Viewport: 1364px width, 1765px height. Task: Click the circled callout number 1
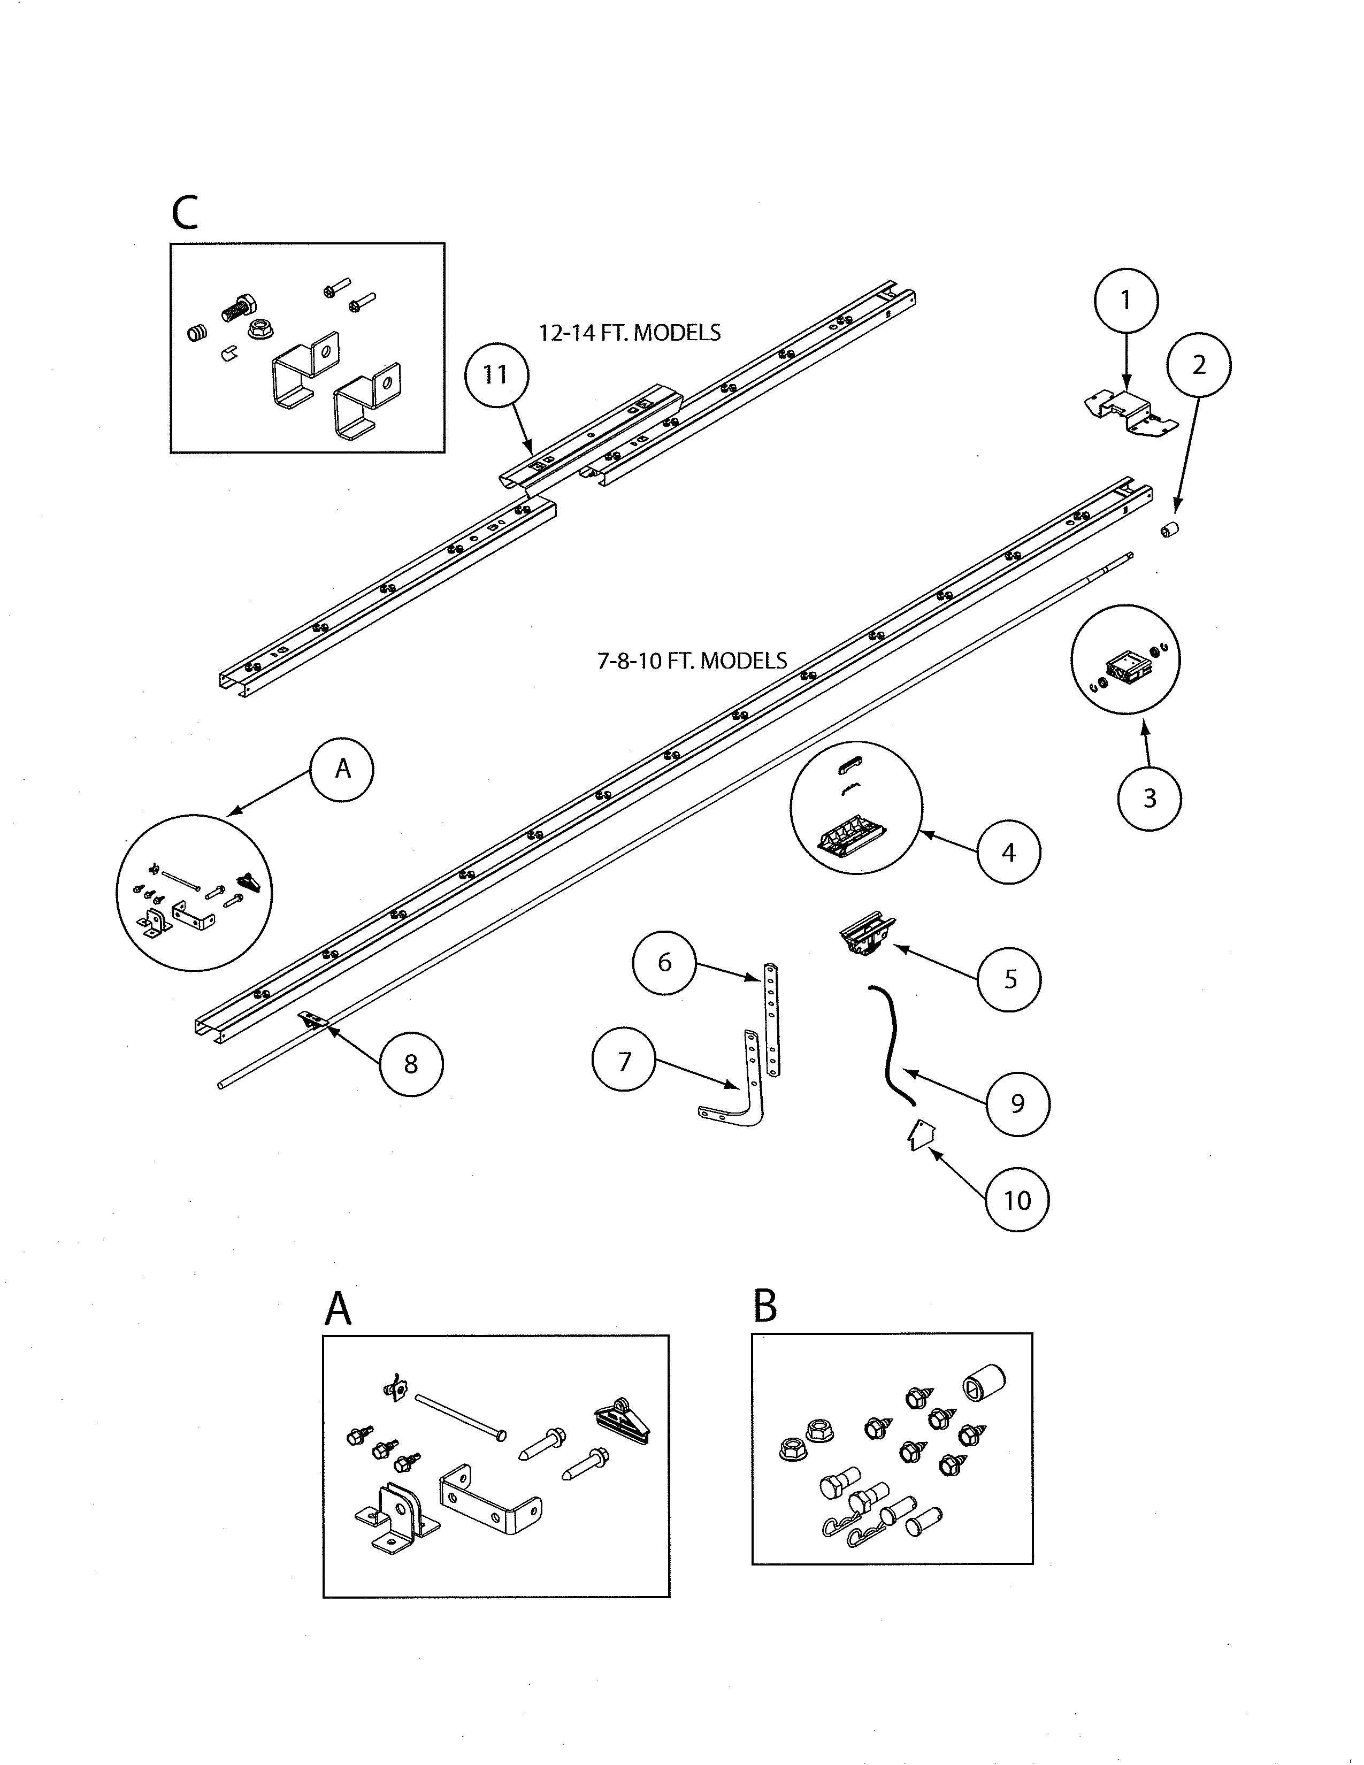1125,301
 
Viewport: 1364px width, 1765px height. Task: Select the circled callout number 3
1149,799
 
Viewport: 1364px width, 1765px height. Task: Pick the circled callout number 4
1008,852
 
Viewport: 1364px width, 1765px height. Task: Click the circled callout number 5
1009,979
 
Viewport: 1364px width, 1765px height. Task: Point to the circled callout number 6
664,963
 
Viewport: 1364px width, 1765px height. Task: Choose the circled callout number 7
624,1062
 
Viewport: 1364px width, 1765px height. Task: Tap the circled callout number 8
410,1064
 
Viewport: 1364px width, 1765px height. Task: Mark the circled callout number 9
1017,1104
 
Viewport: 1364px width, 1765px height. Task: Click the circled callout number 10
1017,1200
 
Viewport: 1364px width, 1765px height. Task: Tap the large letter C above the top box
185,212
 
